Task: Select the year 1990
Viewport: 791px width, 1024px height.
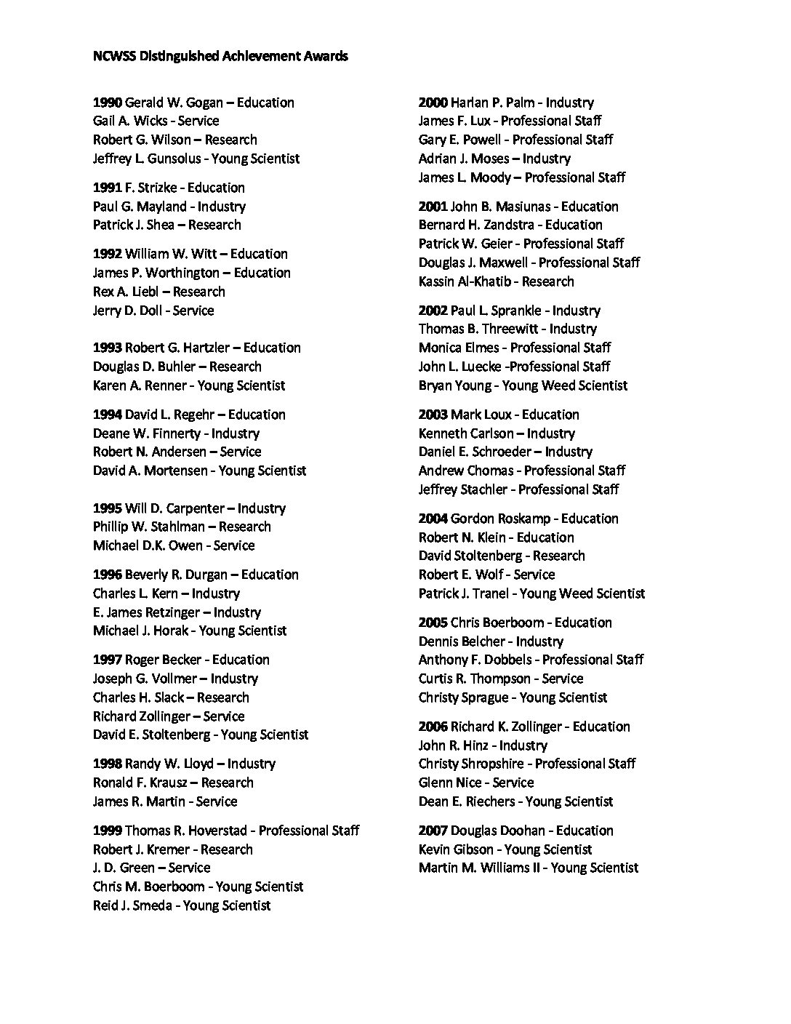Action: [x=108, y=103]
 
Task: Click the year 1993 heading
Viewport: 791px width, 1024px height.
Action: [x=108, y=348]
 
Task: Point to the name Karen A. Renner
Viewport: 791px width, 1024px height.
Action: [x=137, y=385]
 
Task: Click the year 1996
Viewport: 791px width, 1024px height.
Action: [x=108, y=575]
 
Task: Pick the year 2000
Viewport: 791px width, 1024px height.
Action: [x=433, y=103]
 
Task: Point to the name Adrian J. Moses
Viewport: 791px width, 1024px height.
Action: [x=463, y=159]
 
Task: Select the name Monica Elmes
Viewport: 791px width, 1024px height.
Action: [x=459, y=348]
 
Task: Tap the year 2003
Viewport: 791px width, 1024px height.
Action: [x=433, y=415]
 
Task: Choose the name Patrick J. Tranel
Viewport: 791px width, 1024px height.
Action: [x=463, y=593]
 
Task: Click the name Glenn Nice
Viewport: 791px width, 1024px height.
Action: [x=450, y=783]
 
